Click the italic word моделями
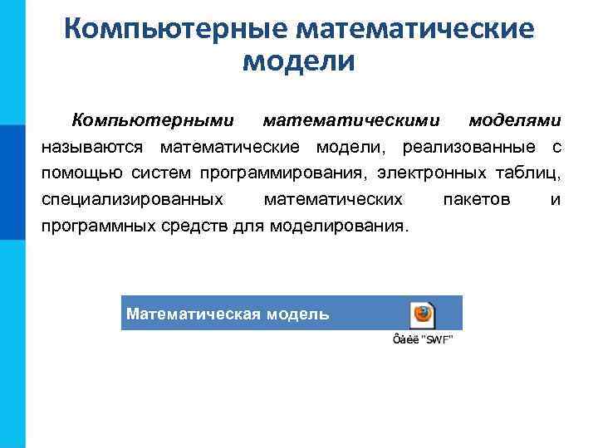[x=515, y=121]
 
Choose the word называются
[x=93, y=148]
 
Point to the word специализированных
[x=131, y=200]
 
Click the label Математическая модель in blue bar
[x=228, y=314]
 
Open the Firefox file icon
[x=422, y=314]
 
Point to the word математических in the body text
[x=332, y=200]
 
